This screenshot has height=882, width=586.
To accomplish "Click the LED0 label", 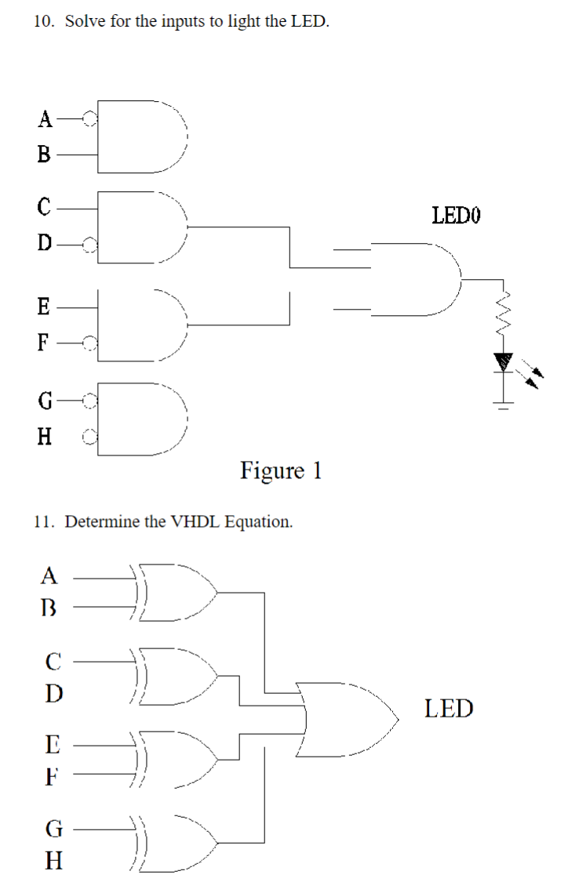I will click(x=456, y=214).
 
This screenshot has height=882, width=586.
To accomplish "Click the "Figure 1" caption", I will click(x=281, y=470).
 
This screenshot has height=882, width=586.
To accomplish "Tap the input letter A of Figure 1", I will click(x=45, y=120).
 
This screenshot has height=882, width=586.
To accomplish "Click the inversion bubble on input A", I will click(x=91, y=120).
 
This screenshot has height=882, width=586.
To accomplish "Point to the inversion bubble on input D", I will click(x=91, y=245).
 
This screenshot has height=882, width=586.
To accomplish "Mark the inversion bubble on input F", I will click(x=91, y=342).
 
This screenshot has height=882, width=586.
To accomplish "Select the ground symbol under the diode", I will click(x=503, y=405).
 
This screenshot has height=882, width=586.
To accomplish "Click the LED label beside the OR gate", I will click(x=449, y=709).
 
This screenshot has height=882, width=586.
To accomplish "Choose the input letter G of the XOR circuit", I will click(x=52, y=828).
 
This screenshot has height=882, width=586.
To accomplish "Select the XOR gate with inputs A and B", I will click(x=177, y=592).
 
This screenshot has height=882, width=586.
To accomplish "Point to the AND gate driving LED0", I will click(x=416, y=278).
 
